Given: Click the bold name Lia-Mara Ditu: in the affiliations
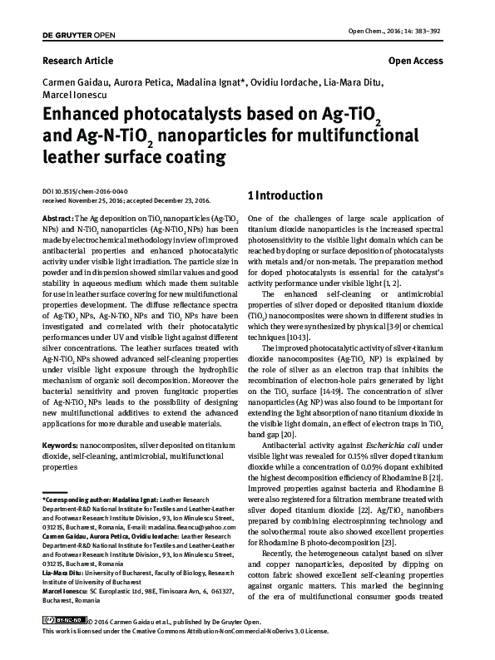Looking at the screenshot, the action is [x=65, y=574].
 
